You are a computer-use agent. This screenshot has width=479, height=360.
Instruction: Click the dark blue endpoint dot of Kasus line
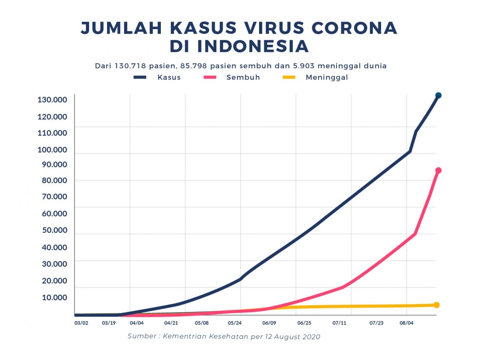point(438,95)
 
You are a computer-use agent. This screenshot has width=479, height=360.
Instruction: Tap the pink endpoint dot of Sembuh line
point(438,171)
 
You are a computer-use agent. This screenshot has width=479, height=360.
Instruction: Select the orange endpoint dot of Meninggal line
point(437,305)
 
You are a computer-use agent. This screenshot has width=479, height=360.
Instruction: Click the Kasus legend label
point(169,78)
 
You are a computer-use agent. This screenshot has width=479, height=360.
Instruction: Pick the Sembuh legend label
point(243,78)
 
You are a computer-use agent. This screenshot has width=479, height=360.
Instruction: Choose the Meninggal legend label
point(327,78)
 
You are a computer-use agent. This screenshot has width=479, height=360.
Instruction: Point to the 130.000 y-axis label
point(52,100)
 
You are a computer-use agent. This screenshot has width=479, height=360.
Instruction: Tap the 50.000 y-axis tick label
point(52,231)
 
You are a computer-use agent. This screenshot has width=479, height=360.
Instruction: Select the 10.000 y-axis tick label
point(52,298)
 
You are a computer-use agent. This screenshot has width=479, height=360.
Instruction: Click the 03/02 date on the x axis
point(81,323)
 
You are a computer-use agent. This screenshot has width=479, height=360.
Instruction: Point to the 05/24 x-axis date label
point(235,323)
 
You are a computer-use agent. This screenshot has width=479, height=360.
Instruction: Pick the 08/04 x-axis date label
point(406,323)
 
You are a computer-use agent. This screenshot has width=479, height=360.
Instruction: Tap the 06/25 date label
point(304,323)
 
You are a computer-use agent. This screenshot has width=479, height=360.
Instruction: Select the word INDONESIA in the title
point(253,46)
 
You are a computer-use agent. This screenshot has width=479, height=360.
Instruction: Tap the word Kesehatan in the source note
point(228,336)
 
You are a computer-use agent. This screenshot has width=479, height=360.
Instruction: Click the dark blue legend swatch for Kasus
point(140,77)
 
